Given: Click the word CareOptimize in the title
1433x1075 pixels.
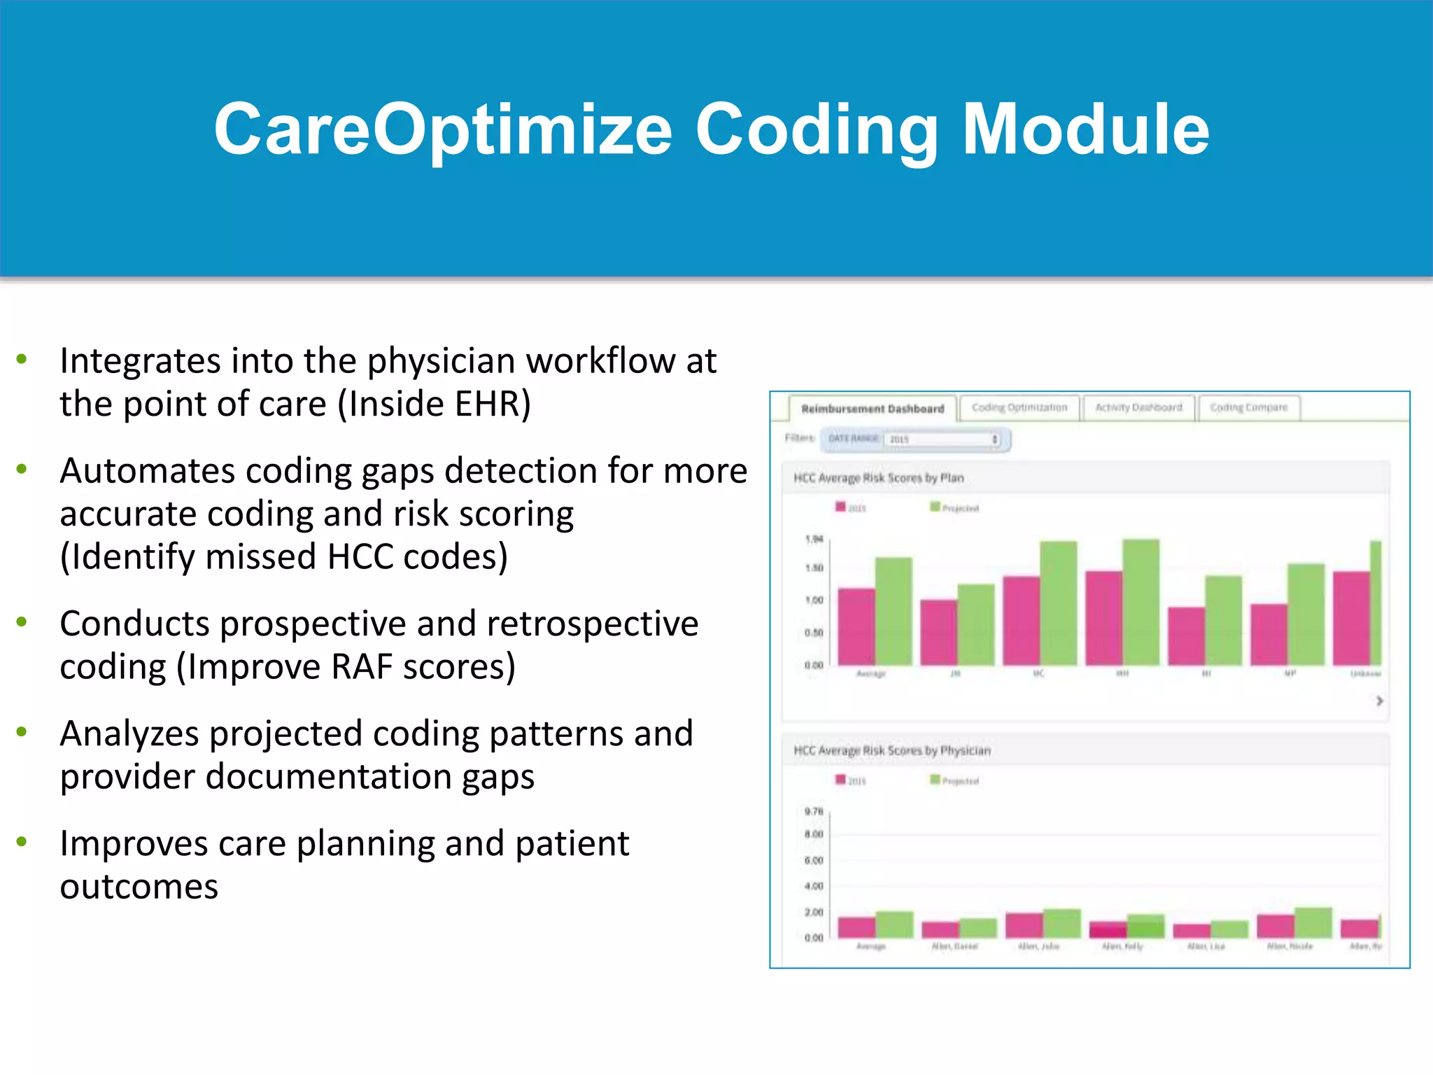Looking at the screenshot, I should [442, 129].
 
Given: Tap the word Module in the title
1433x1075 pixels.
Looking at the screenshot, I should [1085, 129].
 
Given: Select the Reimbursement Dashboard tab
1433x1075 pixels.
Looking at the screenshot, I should [872, 409].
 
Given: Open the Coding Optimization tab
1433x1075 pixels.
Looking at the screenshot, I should [1019, 407].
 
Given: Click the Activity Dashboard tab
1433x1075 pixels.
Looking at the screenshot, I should [1138, 407].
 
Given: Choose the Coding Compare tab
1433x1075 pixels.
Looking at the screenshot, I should [1248, 407].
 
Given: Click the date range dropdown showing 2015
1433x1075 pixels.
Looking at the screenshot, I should [942, 440].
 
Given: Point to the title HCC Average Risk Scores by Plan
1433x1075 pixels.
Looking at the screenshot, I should [878, 478].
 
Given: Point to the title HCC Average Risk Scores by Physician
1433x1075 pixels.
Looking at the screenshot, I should [891, 750].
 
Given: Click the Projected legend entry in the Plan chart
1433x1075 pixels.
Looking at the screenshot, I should [955, 507].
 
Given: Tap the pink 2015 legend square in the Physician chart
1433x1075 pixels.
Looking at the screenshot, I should [840, 780].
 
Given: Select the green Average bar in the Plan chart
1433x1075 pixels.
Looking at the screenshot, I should [894, 610].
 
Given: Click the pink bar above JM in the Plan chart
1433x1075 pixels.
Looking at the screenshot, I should [938, 631].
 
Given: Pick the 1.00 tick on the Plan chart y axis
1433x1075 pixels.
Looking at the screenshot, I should [814, 600].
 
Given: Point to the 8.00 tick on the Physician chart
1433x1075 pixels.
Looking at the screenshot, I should [814, 834].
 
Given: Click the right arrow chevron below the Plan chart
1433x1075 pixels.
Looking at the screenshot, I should [1379, 701].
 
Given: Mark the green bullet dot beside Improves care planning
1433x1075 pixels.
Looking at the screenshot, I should [22, 841].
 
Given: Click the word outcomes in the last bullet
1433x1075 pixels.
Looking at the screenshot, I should [139, 887].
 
